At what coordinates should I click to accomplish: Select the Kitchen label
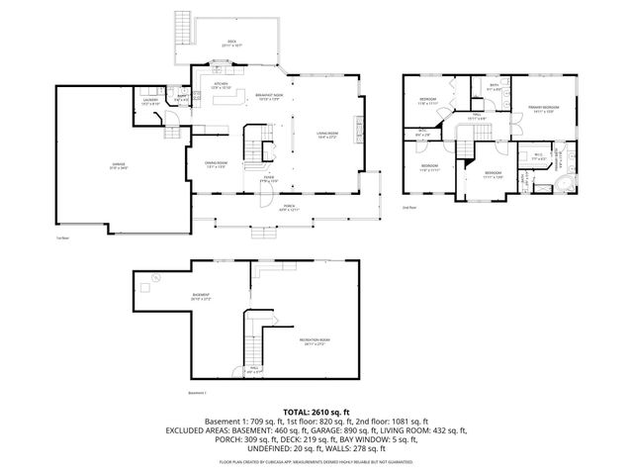pos(223,86)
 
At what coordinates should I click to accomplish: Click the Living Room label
pos(326,135)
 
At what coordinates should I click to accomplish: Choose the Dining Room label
pos(216,165)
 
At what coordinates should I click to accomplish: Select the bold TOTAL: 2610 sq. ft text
pos(316,411)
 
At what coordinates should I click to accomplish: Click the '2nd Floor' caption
pos(408,208)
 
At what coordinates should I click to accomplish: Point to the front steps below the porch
pos(264,235)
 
